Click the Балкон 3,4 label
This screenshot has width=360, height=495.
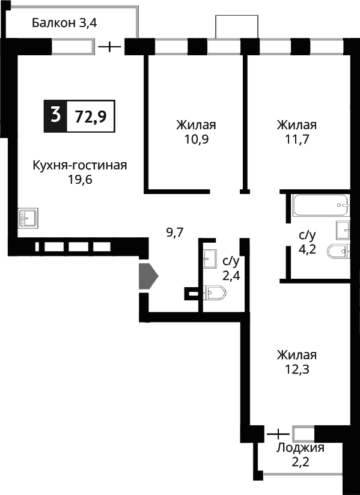point(64,24)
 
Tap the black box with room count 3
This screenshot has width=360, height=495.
point(55,115)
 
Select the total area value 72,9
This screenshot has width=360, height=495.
point(90,116)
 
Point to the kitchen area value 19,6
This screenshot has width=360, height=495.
point(79,180)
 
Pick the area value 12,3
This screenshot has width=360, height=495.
point(296,369)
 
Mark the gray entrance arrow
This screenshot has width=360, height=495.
point(148,276)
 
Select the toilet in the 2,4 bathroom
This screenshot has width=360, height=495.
point(215,293)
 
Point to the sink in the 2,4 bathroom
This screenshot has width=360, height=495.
point(210,259)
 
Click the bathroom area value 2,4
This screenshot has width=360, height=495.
point(231,276)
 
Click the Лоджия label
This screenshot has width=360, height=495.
point(301,448)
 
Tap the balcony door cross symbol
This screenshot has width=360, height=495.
point(109,46)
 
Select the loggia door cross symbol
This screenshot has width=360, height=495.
point(277,433)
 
